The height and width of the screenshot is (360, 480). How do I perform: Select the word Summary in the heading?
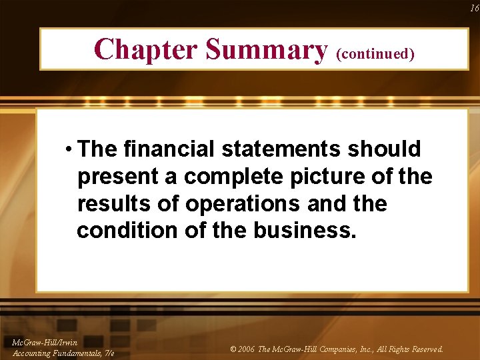click(266, 49)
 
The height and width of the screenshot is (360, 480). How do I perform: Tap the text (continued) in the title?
click(375, 53)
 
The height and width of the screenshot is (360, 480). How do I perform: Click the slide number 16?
click(474, 8)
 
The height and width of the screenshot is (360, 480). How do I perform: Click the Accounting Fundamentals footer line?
click(63, 352)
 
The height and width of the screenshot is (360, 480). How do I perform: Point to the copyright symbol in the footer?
click(232, 349)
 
